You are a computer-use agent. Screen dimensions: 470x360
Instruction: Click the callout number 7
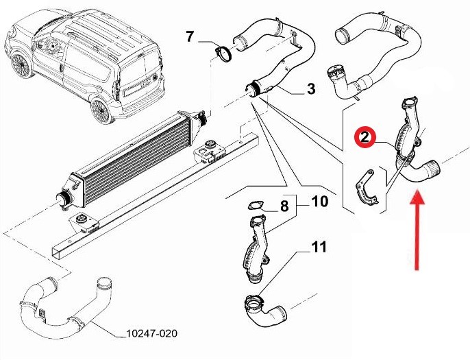tap(190, 36)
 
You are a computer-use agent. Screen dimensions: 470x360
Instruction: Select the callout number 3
tap(312, 89)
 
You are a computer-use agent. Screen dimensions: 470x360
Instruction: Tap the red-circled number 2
tap(364, 138)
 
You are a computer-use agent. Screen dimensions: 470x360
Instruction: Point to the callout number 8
tap(284, 206)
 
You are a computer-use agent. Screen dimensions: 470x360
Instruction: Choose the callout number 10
tap(320, 202)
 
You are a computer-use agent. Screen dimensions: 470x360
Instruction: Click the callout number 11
tap(319, 247)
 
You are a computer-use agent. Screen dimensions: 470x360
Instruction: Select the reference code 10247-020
tap(151, 333)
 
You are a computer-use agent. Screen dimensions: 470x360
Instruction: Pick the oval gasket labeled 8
tap(255, 206)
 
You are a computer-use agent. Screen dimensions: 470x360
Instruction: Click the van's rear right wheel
tap(101, 110)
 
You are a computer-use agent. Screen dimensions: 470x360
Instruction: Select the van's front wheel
tap(21, 65)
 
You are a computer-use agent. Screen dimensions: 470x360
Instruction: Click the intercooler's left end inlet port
tap(64, 199)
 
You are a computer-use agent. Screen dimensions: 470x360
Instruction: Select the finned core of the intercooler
tap(135, 162)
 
